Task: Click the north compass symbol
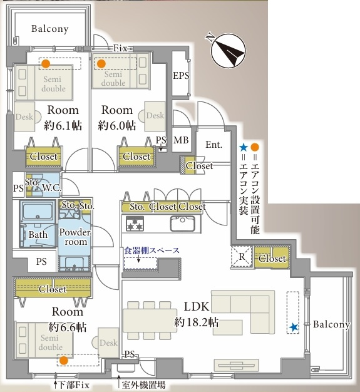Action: (x=227, y=50)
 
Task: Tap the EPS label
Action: (x=181, y=75)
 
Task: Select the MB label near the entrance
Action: (x=181, y=140)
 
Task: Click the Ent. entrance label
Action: (x=213, y=145)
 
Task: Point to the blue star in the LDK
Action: (x=294, y=328)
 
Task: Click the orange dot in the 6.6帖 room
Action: (x=64, y=360)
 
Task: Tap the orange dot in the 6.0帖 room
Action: (x=101, y=64)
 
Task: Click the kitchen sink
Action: (x=182, y=224)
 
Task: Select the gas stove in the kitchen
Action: (x=135, y=224)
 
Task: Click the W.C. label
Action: (x=52, y=187)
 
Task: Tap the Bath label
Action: (x=38, y=235)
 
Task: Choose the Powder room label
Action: (x=75, y=237)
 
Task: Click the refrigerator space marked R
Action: (x=242, y=257)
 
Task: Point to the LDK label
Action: (x=197, y=306)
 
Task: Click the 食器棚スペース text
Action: (x=152, y=250)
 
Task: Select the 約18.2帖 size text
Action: (x=196, y=322)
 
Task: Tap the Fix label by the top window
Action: (x=120, y=48)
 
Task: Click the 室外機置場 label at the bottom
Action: (x=143, y=385)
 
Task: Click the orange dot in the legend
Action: (x=255, y=147)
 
